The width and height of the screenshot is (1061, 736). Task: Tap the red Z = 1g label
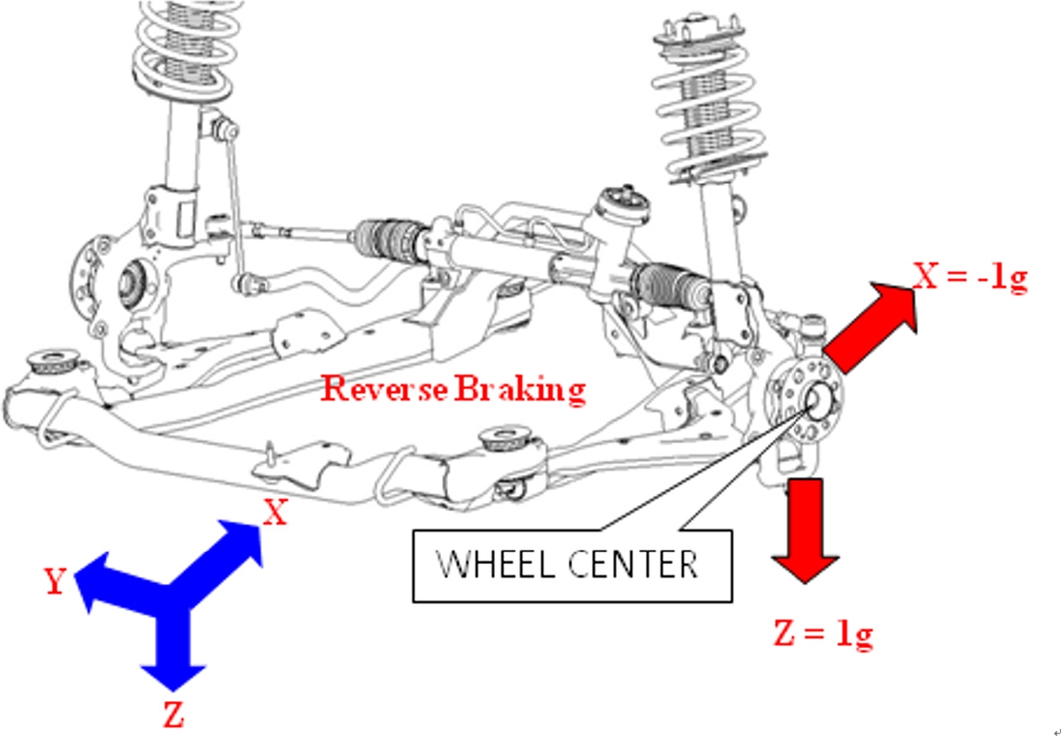(823, 634)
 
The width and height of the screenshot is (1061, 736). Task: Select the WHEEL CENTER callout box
(571, 565)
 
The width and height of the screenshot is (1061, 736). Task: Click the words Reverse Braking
(454, 389)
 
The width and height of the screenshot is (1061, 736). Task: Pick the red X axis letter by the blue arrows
(274, 513)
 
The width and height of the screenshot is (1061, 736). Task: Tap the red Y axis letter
(55, 582)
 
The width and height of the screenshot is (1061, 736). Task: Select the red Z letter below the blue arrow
(173, 716)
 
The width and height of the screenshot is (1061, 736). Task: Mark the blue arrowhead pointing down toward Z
(172, 671)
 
